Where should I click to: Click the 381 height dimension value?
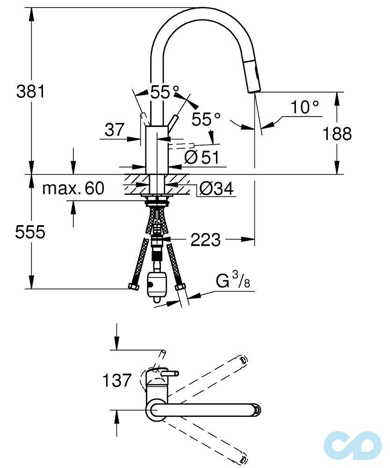[31, 91]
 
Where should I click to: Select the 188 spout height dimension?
[337, 134]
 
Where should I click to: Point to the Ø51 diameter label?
[202, 158]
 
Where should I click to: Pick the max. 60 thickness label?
[73, 189]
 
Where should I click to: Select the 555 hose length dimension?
[30, 232]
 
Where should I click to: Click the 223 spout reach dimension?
[205, 240]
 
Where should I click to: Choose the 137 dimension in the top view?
[116, 380]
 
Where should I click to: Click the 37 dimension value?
[115, 130]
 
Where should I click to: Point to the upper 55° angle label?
[165, 92]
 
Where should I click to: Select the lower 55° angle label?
[206, 119]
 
